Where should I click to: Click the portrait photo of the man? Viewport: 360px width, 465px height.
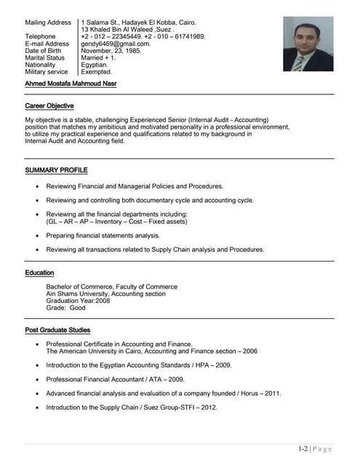click(x=308, y=45)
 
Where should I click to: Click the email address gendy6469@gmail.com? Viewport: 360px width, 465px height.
click(x=116, y=44)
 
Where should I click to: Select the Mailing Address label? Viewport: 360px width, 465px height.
click(x=48, y=23)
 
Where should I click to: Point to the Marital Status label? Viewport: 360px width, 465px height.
click(x=45, y=58)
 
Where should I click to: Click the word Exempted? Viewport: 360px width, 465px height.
click(x=97, y=72)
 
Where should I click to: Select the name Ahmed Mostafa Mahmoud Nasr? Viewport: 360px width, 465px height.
click(x=71, y=84)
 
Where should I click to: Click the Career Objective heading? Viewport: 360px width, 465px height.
click(x=49, y=106)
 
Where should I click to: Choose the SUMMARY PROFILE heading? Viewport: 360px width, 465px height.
click(x=56, y=170)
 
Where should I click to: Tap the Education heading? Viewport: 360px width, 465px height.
click(x=39, y=273)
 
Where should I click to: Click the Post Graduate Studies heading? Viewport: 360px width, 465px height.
click(x=57, y=331)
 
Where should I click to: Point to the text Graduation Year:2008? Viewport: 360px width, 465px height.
click(x=78, y=301)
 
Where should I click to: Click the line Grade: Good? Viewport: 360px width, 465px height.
click(x=65, y=308)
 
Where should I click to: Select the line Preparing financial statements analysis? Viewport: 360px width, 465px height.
click(x=103, y=236)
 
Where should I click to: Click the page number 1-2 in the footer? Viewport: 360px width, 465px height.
click(x=303, y=449)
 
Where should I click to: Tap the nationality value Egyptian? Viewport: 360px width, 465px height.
click(x=95, y=65)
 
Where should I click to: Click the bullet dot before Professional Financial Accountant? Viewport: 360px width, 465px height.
click(x=37, y=379)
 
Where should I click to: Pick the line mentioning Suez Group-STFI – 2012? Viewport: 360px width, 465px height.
click(x=132, y=408)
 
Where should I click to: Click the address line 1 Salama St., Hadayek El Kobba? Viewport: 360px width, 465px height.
click(x=138, y=23)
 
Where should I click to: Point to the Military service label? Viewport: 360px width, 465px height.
click(x=47, y=72)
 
